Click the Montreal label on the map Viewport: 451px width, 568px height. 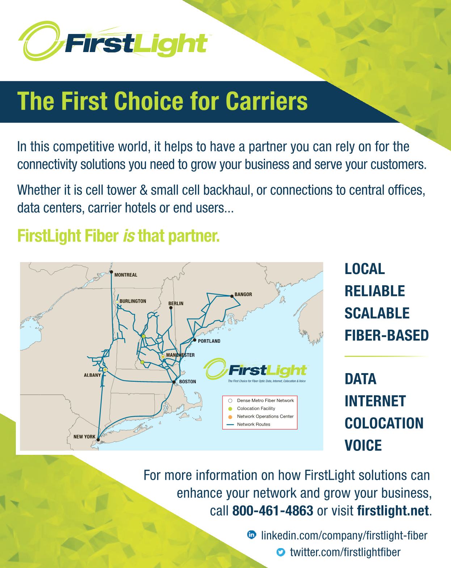(126, 275)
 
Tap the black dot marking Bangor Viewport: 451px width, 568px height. (232, 296)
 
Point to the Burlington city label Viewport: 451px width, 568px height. (132, 301)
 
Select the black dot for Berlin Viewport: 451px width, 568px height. (171, 308)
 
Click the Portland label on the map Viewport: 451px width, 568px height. (209, 341)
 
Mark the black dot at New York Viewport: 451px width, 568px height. (98, 440)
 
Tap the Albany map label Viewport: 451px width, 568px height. (92, 375)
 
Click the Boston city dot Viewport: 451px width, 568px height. (174, 382)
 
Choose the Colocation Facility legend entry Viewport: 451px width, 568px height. (252, 409)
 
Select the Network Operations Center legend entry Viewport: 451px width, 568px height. (261, 417)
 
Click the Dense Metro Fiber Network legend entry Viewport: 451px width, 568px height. (261, 401)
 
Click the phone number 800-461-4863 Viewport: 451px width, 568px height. (273, 511)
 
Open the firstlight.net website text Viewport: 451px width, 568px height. (393, 511)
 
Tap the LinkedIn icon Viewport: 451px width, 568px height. (252, 535)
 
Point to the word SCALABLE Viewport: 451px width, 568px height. (377, 313)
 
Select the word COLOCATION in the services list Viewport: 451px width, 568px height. (384, 423)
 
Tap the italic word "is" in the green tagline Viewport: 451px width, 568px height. (129, 236)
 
